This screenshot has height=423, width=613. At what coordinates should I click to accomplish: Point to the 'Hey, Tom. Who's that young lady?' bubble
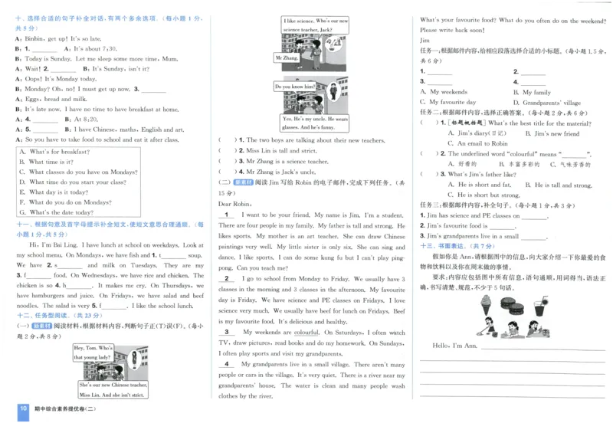93,352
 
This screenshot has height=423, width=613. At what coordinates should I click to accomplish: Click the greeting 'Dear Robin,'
235,205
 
